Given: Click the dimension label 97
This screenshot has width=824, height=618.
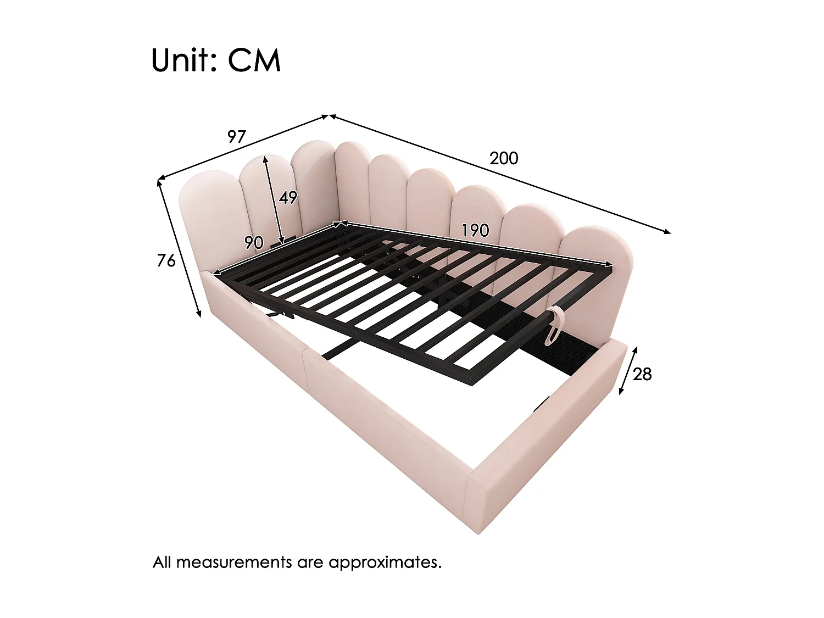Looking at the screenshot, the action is [x=237, y=137].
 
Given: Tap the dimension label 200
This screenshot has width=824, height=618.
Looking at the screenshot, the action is [x=504, y=158].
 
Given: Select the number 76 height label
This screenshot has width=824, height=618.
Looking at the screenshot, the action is [x=166, y=260].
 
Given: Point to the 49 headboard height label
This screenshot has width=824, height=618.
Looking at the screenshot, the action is [x=288, y=197].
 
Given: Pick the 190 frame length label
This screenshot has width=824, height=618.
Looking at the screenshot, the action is [x=475, y=230].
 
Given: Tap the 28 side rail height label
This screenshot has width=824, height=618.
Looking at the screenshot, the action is [x=642, y=374].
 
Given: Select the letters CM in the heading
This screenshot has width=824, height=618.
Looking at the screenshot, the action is [x=254, y=60].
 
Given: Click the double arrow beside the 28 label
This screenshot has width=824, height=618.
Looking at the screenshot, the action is [x=628, y=370].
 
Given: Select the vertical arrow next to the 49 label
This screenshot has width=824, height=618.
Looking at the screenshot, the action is [x=274, y=199].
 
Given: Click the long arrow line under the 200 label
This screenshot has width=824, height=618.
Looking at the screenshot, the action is [x=500, y=174].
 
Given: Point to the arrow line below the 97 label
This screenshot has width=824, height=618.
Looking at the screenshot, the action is [x=243, y=147].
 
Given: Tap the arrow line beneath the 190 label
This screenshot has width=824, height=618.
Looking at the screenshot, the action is [x=476, y=244].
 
